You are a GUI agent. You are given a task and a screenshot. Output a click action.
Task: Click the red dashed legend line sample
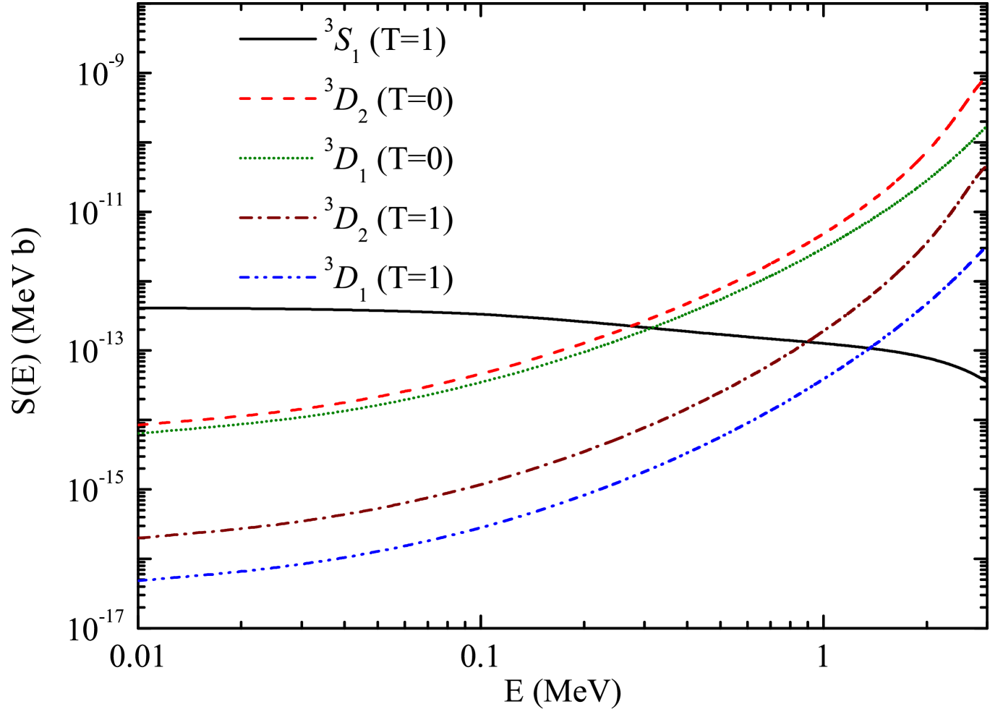click(278, 98)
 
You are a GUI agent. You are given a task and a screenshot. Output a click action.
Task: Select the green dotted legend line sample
click(276, 158)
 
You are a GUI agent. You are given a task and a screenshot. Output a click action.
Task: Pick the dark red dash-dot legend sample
click(278, 218)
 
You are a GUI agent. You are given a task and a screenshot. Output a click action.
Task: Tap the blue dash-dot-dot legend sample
click(278, 277)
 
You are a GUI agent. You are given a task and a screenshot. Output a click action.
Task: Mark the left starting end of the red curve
click(140, 425)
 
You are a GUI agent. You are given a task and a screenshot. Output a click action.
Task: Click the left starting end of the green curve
click(139, 433)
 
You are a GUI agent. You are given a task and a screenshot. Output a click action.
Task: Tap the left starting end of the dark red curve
click(140, 538)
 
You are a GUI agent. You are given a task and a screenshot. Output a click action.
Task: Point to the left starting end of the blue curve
click(140, 581)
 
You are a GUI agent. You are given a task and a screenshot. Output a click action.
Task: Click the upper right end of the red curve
click(982, 82)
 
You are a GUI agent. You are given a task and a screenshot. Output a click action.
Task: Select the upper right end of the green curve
click(984, 127)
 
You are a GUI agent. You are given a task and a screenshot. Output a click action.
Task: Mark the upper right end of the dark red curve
click(984, 167)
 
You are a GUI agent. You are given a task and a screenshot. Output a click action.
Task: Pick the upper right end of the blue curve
click(983, 250)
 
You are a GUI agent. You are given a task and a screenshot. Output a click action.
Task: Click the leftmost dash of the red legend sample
click(245, 98)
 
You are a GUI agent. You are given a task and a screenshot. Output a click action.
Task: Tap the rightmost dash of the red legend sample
click(310, 98)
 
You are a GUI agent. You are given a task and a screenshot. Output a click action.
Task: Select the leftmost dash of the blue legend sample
click(245, 277)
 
